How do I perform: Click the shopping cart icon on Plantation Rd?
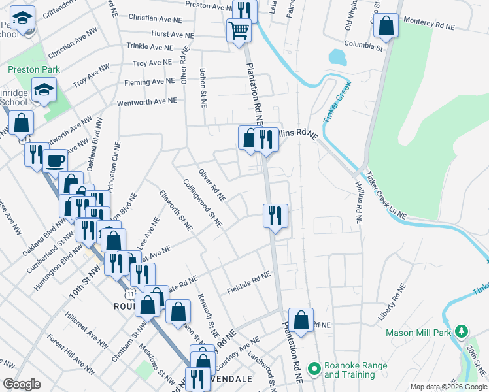click(x=239, y=29)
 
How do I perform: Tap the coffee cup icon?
click(x=56, y=160)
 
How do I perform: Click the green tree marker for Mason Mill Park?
click(x=462, y=332)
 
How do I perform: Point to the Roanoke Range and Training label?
click(x=355, y=370)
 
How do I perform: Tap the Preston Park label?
click(x=34, y=69)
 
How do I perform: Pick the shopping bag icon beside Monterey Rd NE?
click(x=386, y=27)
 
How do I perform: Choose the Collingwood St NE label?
click(x=203, y=204)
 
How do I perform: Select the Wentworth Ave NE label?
click(x=146, y=103)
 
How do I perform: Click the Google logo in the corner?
click(x=22, y=384)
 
